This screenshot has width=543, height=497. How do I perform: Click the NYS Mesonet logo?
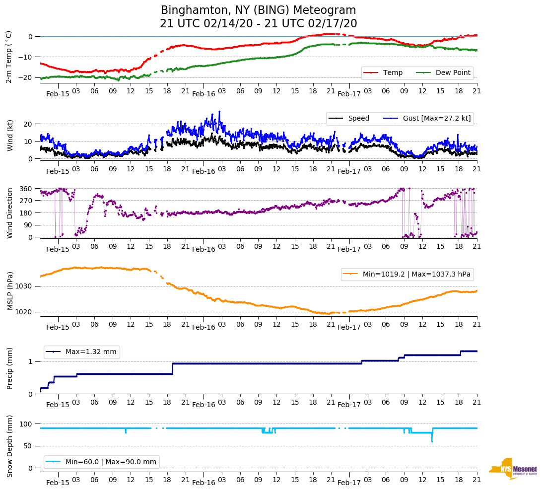[513, 469]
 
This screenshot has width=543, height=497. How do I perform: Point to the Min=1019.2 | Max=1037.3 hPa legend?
[407, 274]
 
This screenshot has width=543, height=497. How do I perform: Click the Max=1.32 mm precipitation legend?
[82, 352]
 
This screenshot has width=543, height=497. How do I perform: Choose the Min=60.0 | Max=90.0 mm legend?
[102, 462]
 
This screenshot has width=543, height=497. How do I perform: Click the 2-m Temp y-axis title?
[8, 57]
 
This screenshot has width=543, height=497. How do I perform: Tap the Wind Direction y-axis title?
[9, 213]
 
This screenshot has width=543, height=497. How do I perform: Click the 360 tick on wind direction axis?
[26, 189]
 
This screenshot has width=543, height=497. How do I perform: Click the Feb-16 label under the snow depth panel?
[204, 483]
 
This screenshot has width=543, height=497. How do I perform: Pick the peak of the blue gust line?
[219, 112]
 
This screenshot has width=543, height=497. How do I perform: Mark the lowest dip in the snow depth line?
[432, 441]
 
